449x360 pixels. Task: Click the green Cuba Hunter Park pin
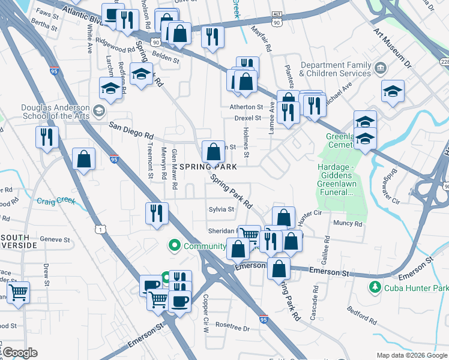(x=375, y=287)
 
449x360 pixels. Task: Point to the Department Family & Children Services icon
(x=379, y=68)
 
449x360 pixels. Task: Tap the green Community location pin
(x=175, y=245)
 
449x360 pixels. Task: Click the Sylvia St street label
(x=221, y=209)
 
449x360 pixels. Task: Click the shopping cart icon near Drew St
(x=19, y=293)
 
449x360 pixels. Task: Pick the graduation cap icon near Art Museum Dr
(x=393, y=91)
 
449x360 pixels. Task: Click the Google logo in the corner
(x=20, y=353)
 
